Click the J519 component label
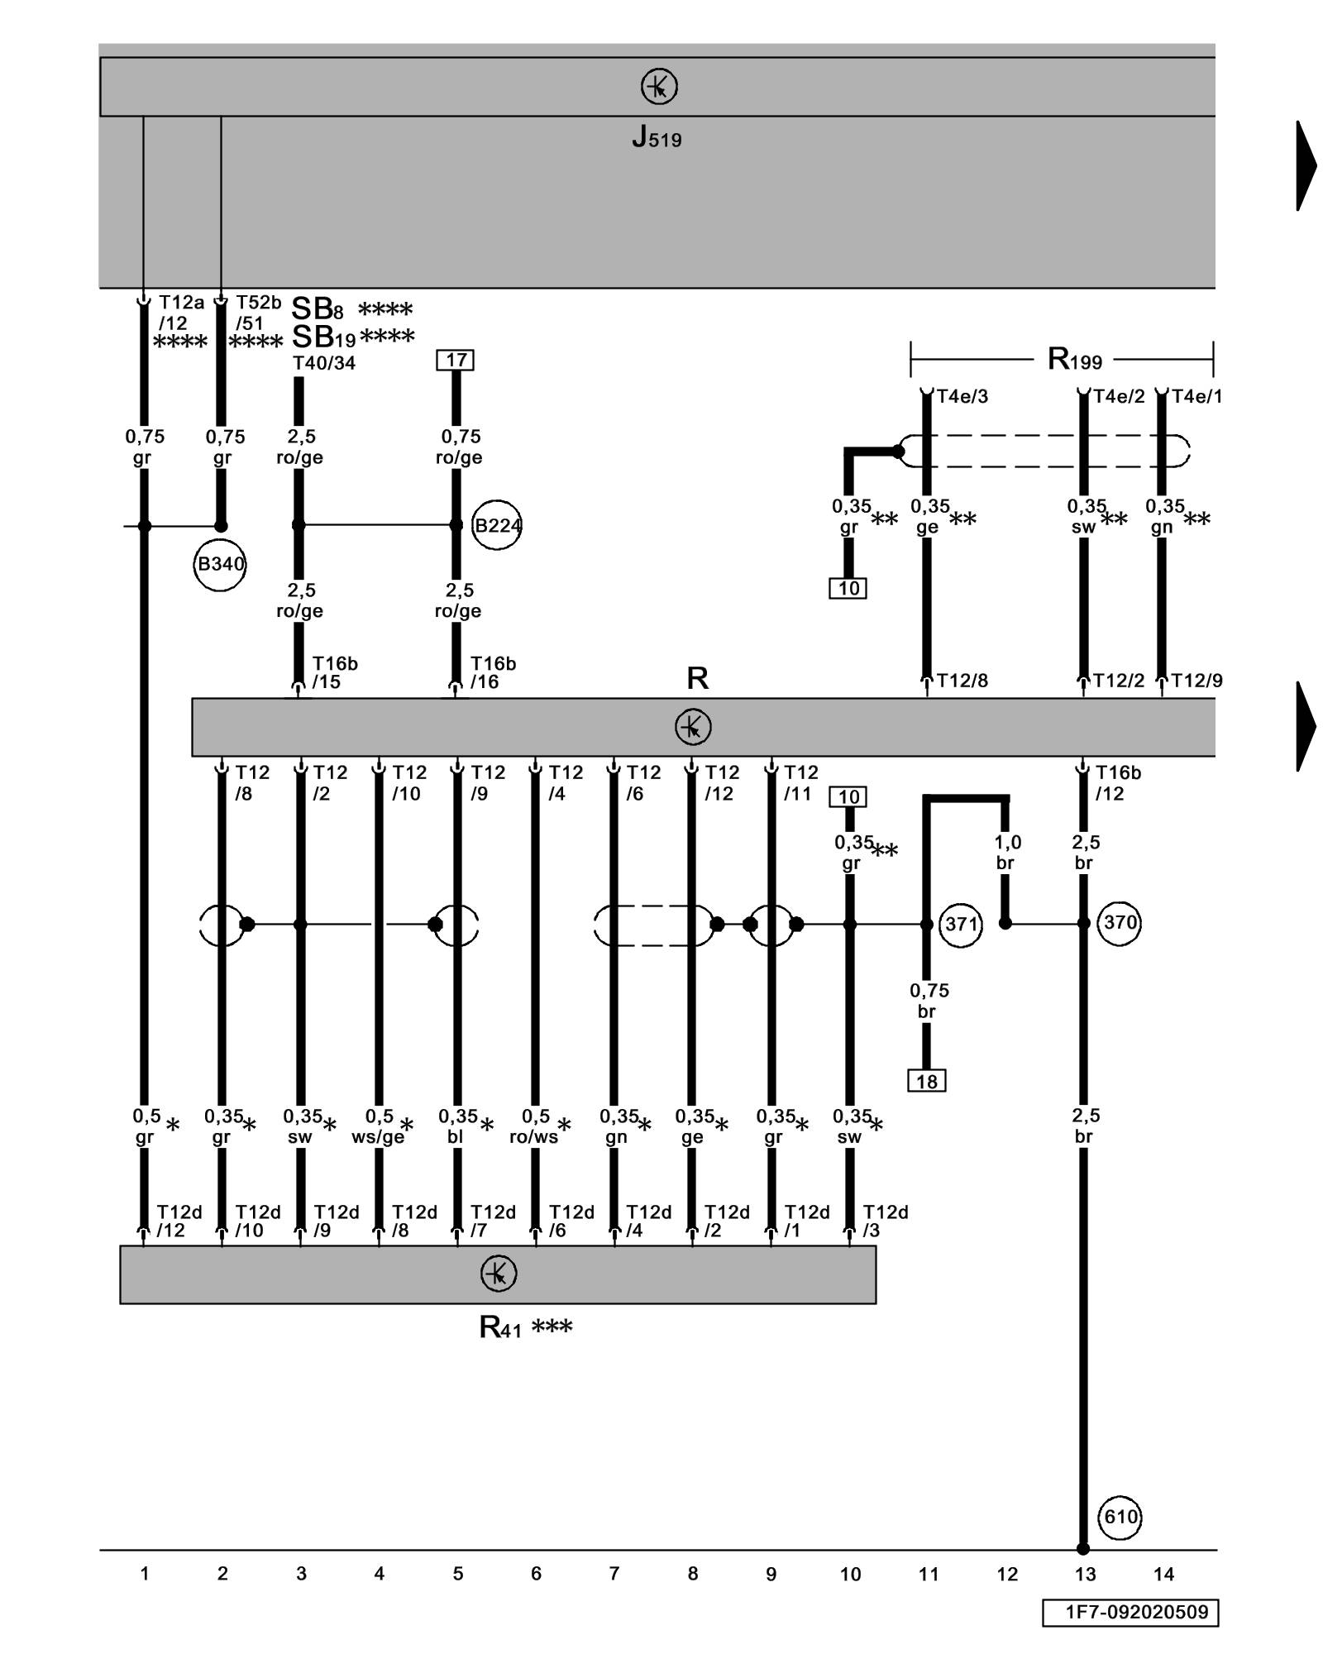[x=657, y=137]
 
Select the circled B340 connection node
[x=220, y=564]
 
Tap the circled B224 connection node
[x=497, y=525]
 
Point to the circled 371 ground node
[x=961, y=924]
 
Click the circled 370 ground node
[x=1120, y=922]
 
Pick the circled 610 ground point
[x=1120, y=1517]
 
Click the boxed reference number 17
[x=456, y=360]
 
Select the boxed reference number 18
[x=926, y=1081]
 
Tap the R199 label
[x=1074, y=359]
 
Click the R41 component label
[x=500, y=1328]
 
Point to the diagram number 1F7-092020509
[x=1130, y=1612]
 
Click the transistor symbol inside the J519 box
[x=659, y=86]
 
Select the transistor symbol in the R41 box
[x=499, y=1274]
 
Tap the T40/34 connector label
[x=324, y=363]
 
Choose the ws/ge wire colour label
[x=378, y=1137]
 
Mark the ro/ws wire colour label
[x=534, y=1137]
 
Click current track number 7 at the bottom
[x=614, y=1574]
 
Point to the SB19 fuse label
[x=324, y=337]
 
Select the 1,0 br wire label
[x=1006, y=853]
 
